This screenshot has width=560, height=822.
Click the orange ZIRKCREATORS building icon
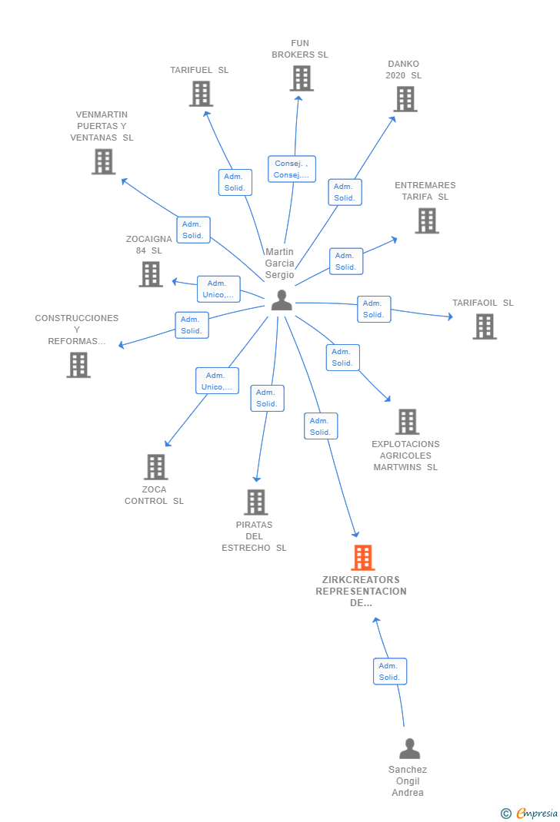coord(362,558)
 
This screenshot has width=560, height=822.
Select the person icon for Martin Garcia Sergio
coord(282,300)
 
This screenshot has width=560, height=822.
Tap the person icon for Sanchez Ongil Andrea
coord(409,748)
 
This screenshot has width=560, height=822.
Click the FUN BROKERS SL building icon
coord(301,78)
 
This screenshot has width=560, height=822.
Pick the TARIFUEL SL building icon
coord(201,94)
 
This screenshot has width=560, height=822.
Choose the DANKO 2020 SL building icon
coord(405,99)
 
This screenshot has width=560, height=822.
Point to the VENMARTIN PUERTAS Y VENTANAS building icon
coord(103,162)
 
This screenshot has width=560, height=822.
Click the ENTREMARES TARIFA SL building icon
coord(426,220)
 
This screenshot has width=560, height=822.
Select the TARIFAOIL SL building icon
coord(484,326)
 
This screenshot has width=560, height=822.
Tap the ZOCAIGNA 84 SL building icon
coord(151,274)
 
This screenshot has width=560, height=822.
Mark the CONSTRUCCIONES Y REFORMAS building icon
coord(78,365)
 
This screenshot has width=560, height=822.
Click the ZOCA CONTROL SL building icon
coord(156,467)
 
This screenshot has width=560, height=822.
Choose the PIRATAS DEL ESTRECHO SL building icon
coord(255,502)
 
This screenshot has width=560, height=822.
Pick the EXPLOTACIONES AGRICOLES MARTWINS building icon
coord(407,422)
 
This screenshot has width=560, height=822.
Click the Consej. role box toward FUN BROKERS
coord(292,169)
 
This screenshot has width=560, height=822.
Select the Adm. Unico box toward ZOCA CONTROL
coord(217,381)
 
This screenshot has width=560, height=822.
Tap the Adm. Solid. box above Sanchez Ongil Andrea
coord(389,671)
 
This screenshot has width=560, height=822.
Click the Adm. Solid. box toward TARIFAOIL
coord(374,309)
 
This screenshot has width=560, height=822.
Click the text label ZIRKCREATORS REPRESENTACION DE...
coord(362,591)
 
